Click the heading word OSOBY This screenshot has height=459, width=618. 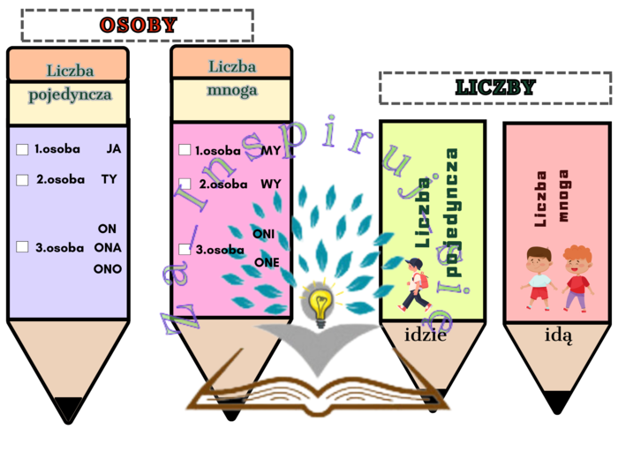(138, 26)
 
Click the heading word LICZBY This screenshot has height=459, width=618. (495, 88)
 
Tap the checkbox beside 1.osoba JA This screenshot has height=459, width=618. (23, 150)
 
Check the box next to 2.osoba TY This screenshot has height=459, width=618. (23, 180)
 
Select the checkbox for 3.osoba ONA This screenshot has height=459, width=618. (23, 247)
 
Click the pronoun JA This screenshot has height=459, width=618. (113, 149)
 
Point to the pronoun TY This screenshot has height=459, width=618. (109, 179)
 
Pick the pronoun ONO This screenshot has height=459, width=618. (108, 268)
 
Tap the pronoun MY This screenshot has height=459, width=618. (271, 150)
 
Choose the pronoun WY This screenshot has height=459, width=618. (271, 184)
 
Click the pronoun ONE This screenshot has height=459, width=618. (267, 262)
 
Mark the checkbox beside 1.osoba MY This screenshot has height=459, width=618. (185, 151)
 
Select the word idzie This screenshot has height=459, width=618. (426, 335)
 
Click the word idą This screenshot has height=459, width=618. (558, 335)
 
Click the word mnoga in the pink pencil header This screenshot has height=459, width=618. (232, 89)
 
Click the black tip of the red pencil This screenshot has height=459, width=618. (556, 403)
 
